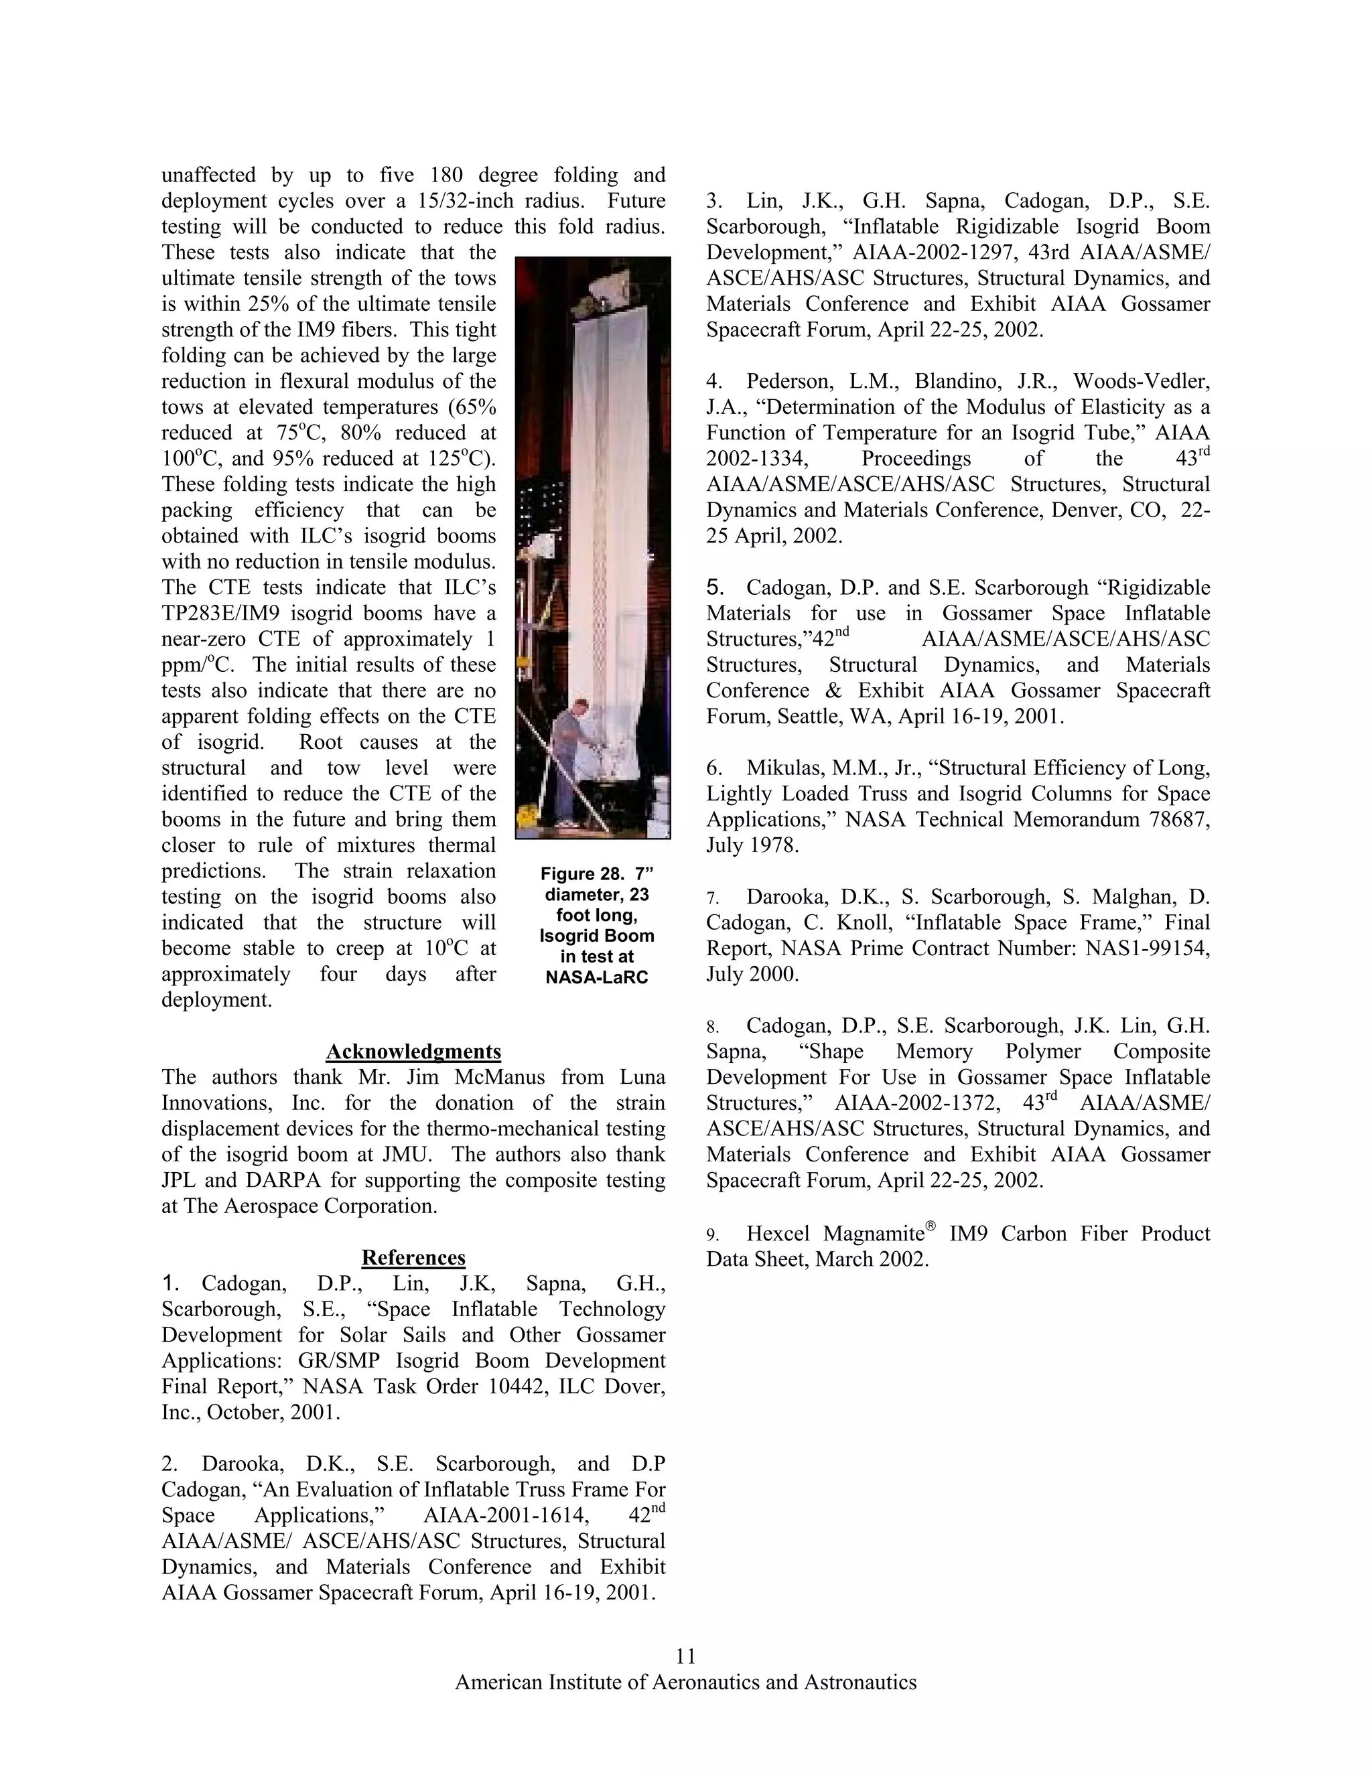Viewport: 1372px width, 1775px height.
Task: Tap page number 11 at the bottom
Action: tap(685, 1656)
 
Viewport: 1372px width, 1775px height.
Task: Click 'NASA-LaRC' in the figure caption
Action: tap(597, 978)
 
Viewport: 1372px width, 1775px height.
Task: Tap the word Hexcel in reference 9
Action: tap(782, 1234)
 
